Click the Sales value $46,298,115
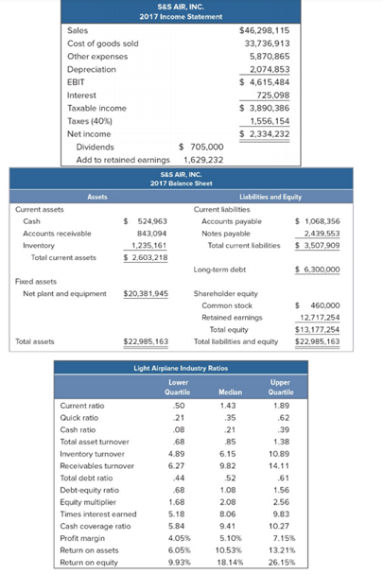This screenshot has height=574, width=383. [x=268, y=31]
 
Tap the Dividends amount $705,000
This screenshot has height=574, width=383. [x=200, y=147]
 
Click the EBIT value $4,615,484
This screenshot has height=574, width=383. [x=268, y=82]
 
